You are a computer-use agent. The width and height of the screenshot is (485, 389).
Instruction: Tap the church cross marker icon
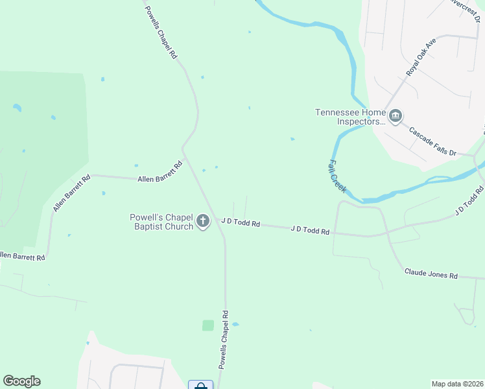pos(203,222)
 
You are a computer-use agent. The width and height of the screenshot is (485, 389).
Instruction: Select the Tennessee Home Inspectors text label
pos(350,116)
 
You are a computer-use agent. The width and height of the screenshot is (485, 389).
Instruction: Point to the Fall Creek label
pos(337,176)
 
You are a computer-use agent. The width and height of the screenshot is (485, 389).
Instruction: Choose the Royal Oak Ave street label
pos(421,56)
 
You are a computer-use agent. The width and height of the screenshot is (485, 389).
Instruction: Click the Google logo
pos(21,381)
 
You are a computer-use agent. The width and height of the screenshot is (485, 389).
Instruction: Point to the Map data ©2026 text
pos(457,383)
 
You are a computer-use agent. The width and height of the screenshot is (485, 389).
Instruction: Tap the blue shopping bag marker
pos(200,386)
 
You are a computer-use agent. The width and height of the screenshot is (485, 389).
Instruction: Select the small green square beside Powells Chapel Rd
pos(208,325)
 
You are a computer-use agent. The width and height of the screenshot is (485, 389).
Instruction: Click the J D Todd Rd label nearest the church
pos(241,222)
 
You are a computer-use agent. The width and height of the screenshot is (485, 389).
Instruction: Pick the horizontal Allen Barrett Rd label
pos(158,178)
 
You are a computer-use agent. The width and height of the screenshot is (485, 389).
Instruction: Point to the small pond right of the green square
pos(235,324)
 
